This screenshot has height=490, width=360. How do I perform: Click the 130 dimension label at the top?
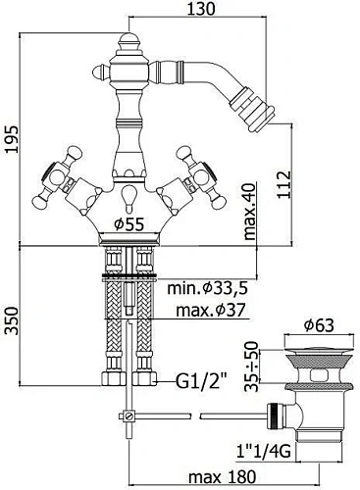coord(201,9)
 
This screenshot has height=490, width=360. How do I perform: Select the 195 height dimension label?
coord(12,138)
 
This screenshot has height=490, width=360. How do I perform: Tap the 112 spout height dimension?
coord(283,184)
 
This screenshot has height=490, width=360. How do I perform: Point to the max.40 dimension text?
coord(250,212)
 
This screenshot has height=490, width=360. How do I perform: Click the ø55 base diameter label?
coord(129,224)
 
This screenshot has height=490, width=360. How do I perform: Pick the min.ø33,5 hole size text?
coord(207,288)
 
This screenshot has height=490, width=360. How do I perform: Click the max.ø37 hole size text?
coord(211,310)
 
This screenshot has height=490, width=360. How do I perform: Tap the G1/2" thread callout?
coord(202,380)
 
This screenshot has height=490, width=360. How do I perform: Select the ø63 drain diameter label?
coord(319,325)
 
